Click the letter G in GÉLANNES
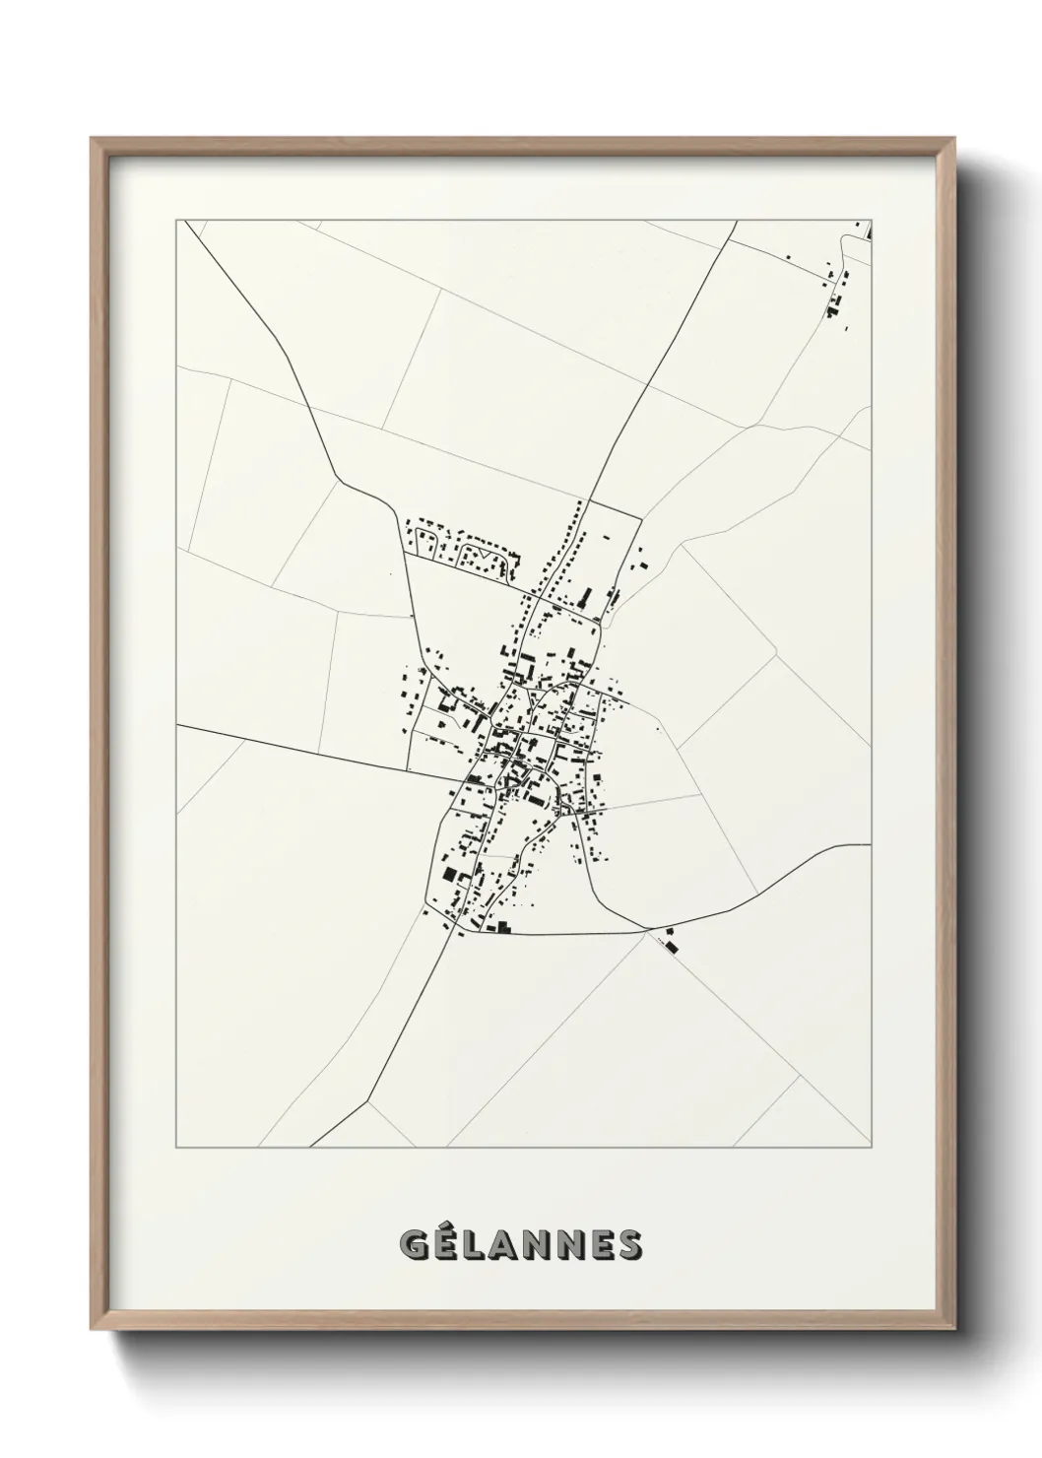click(415, 1245)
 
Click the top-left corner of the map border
click(176, 221)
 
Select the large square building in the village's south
click(450, 875)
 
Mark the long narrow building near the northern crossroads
click(587, 597)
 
